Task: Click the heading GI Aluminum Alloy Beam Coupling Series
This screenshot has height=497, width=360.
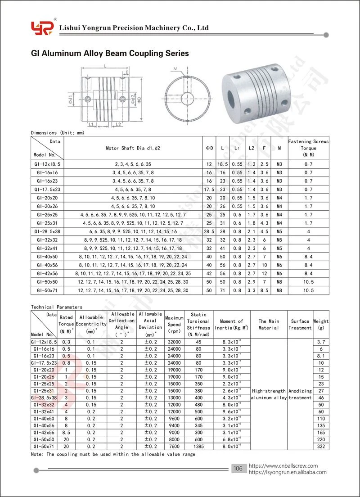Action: click(x=110, y=53)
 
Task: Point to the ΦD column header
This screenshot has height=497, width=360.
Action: click(x=209, y=148)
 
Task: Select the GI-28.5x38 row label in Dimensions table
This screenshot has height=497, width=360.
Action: click(x=47, y=231)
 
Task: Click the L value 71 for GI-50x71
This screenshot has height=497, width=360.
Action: click(x=223, y=290)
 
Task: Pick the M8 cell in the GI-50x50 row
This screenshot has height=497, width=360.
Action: click(x=279, y=282)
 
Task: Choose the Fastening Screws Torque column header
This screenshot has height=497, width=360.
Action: click(x=308, y=148)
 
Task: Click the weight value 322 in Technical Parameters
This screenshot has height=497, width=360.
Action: click(x=321, y=447)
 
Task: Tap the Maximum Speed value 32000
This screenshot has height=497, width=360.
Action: click(x=174, y=342)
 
